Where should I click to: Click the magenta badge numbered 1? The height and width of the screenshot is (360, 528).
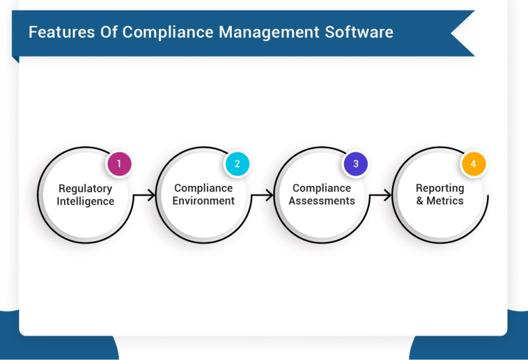[119, 164]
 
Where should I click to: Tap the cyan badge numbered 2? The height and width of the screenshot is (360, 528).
[237, 164]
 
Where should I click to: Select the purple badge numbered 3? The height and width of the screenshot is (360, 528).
[355, 164]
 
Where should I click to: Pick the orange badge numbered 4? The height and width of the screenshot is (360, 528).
[473, 164]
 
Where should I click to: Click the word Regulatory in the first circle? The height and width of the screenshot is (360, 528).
[85, 188]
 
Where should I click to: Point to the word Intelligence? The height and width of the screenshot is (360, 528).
[85, 201]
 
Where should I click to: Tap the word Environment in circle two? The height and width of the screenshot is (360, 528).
[204, 201]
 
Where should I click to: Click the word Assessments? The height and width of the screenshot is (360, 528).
[322, 201]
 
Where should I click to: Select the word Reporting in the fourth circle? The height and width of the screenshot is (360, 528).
[440, 188]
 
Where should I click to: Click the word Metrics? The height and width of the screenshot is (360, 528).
[445, 201]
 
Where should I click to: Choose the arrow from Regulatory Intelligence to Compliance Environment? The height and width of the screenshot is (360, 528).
[144, 195]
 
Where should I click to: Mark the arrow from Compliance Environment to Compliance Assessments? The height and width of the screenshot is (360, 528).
[262, 195]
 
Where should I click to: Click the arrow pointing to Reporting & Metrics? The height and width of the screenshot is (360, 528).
[380, 195]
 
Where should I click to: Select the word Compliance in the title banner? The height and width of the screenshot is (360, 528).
[165, 32]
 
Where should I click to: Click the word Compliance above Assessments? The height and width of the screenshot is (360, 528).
[322, 188]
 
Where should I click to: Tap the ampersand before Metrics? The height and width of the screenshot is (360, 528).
[420, 201]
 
